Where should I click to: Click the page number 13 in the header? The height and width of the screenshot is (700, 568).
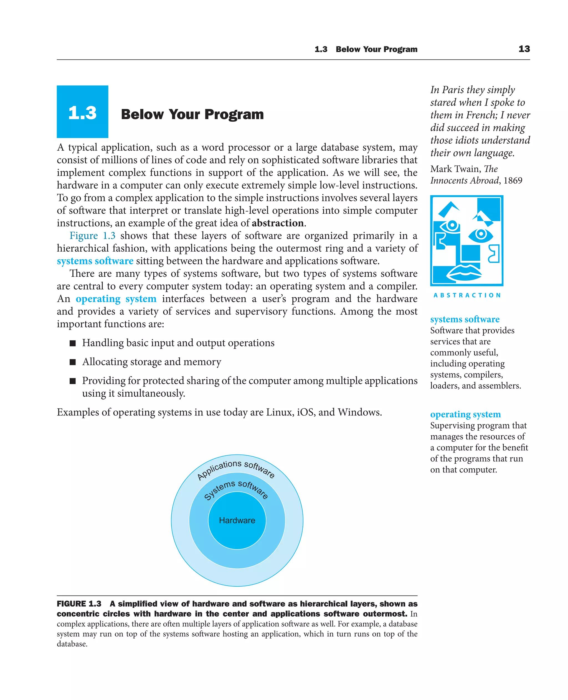point(524,49)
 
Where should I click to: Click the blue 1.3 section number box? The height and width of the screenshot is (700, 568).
point(82,112)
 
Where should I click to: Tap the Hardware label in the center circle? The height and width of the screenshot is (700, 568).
point(237,520)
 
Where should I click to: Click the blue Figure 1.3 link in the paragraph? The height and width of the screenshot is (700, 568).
point(92,236)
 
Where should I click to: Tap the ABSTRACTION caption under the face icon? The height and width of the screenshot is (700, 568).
point(466,295)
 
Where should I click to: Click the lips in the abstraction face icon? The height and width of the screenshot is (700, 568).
point(464,272)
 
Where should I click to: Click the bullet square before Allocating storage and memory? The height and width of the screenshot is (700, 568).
point(73,362)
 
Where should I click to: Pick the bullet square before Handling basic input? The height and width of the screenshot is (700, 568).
point(73,343)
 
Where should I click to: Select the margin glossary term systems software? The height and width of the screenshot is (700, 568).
point(465,319)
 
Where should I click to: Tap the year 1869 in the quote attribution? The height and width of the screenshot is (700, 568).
point(513,180)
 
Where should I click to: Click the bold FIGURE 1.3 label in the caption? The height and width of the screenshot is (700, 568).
point(79,604)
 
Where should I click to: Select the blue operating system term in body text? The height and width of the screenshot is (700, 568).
point(116,299)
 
